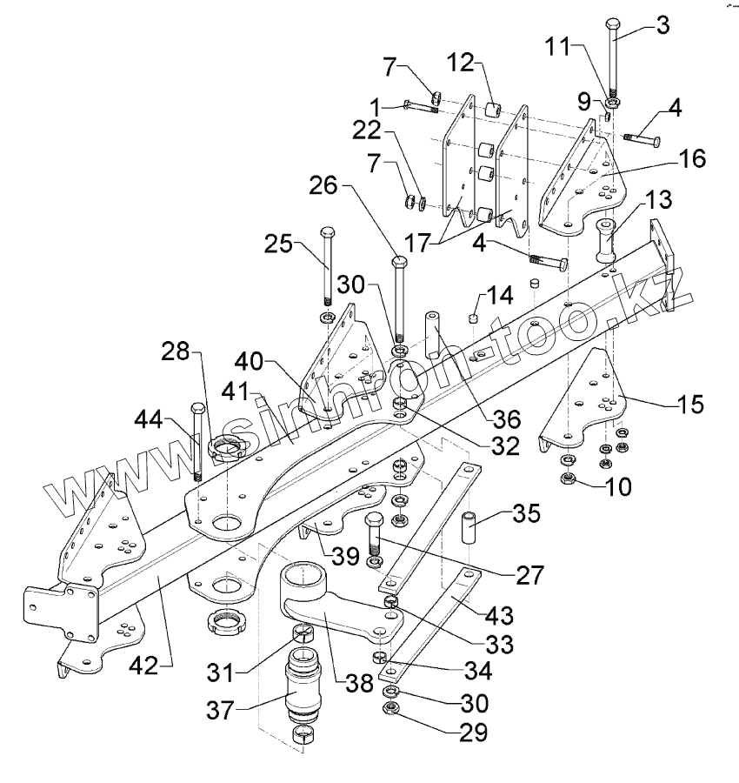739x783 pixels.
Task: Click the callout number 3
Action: (x=662, y=24)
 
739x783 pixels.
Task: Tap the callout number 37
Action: (x=221, y=711)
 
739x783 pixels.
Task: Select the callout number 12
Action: (x=460, y=63)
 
